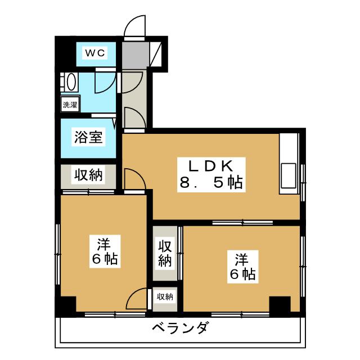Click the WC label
coord(95,53)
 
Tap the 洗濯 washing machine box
coord(70,105)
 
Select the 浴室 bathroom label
coord(88,137)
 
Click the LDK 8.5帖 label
coord(211,175)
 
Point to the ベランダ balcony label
coord(181,328)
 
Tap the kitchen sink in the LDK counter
coord(289,175)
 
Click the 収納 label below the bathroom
coord(88,175)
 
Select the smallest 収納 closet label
coord(165,297)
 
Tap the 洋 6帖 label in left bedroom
coord(105,251)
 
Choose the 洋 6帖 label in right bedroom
coord(242,267)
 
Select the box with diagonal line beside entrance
coord(156,55)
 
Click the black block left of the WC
coord(65,53)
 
